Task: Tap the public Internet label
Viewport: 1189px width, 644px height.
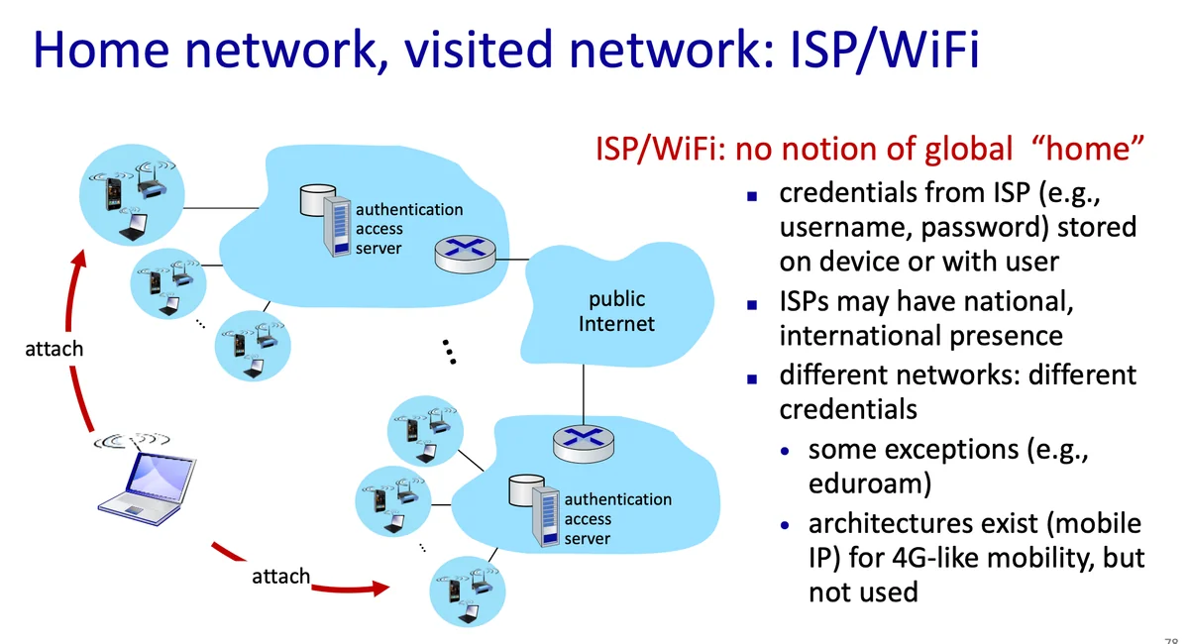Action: coord(616,311)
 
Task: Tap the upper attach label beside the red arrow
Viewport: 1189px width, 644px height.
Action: coord(54,349)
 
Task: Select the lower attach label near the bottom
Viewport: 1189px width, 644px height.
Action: coord(280,577)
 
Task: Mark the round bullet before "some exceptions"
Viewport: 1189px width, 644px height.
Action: coord(786,451)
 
